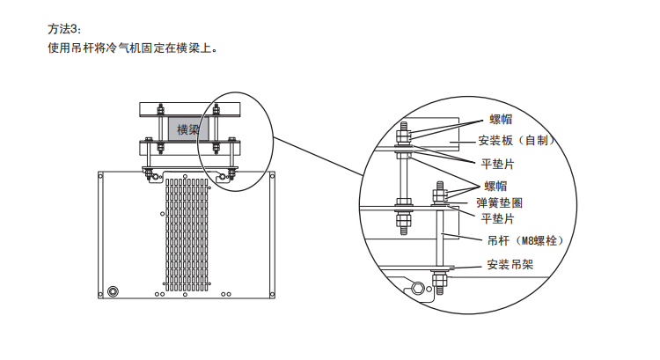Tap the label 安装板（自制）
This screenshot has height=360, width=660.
point(517,140)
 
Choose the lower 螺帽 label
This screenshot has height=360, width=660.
point(495,185)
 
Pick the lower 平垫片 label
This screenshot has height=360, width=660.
point(497,217)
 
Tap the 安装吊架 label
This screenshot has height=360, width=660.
point(510,264)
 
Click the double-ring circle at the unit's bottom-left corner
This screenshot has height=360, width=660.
point(113,290)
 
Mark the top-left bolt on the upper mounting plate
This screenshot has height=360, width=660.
point(159,109)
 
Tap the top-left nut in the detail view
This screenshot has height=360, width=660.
point(401,133)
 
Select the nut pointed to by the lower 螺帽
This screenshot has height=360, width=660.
point(438,193)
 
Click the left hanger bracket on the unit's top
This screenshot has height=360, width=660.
point(151,173)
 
